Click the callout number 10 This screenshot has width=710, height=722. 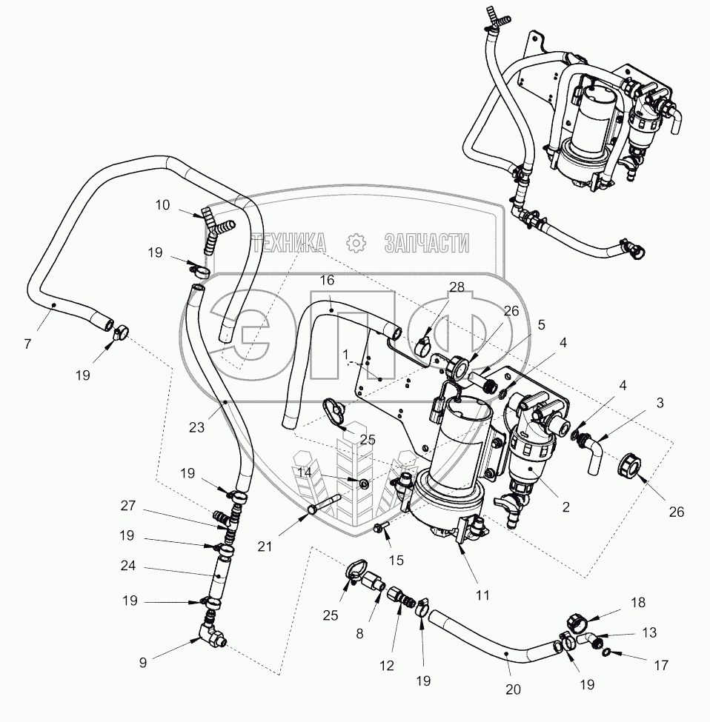[x=162, y=205]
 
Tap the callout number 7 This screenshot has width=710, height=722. [x=27, y=344]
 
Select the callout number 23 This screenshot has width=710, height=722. [x=196, y=427]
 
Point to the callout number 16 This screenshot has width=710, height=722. [x=327, y=280]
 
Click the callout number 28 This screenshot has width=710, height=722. [x=457, y=287]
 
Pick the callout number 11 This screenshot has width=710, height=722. [x=482, y=595]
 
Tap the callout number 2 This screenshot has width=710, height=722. [x=565, y=507]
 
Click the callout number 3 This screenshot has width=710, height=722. [x=660, y=403]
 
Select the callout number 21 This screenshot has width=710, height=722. [x=265, y=546]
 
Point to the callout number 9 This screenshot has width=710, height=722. [x=143, y=662]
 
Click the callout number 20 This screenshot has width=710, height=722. [x=514, y=689]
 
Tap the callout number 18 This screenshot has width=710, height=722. [x=638, y=602]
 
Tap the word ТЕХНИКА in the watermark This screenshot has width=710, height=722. [x=290, y=243]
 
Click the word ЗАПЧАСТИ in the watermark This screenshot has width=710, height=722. [x=427, y=243]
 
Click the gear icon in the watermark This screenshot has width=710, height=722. [x=356, y=243]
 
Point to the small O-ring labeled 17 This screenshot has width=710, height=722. [x=607, y=652]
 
